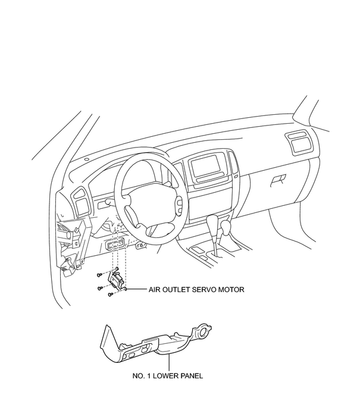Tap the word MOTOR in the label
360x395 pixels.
click(231, 290)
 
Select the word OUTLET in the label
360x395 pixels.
click(176, 290)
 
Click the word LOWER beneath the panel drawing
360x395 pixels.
click(166, 376)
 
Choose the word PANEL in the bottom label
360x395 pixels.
click(192, 376)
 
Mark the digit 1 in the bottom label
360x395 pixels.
click(149, 376)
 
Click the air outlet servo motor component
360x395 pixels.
click(116, 279)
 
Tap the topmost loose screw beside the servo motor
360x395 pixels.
click(99, 275)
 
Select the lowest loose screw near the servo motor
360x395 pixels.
click(110, 294)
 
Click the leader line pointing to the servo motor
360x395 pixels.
click(137, 289)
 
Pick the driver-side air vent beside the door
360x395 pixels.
click(80, 202)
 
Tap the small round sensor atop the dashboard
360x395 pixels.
click(87, 159)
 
